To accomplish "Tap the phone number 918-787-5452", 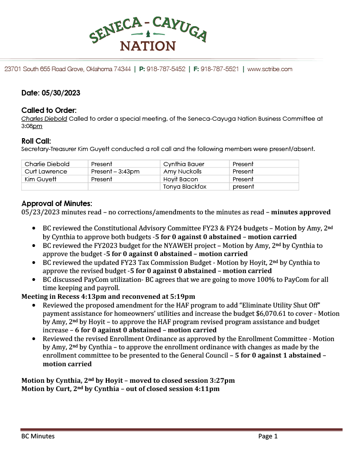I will pyautogui.click(x=166, y=69).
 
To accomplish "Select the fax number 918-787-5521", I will pyautogui.click(x=219, y=69).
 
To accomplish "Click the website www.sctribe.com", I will pyautogui.click(x=270, y=69).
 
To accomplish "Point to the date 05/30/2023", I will pyautogui.click(x=64, y=93).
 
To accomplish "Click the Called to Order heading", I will pyautogui.click(x=49, y=111).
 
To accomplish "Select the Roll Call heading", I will pyautogui.click(x=36, y=141).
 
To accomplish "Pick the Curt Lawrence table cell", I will pyautogui.click(x=46, y=172).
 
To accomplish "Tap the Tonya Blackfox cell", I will pyautogui.click(x=184, y=187).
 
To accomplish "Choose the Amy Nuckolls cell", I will pyautogui.click(x=183, y=172).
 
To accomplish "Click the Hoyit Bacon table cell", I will pyautogui.click(x=181, y=179).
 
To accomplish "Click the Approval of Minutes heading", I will pyautogui.click(x=57, y=203).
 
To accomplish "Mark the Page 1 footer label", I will pyautogui.click(x=268, y=436).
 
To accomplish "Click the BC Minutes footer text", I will pyautogui.click(x=38, y=436).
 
